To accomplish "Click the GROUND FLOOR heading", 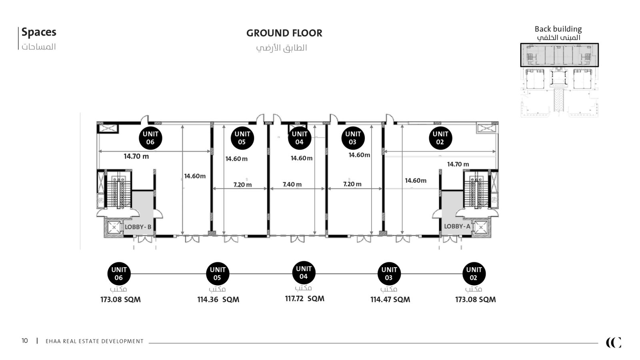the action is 284,33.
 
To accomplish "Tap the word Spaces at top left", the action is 39,32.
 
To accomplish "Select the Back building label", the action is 558,29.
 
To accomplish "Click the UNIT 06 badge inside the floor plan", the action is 150,138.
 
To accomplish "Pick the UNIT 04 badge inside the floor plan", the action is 300,138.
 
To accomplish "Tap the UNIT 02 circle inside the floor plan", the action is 440,138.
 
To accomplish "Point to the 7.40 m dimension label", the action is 292,184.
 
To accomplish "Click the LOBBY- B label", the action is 138,227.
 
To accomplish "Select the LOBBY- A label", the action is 457,226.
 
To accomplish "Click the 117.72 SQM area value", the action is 304,298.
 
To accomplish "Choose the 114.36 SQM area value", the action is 218,300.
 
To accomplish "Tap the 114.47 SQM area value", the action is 390,300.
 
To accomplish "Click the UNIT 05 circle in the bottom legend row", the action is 218,274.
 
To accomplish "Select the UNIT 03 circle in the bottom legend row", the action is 389,274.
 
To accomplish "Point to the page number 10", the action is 24,341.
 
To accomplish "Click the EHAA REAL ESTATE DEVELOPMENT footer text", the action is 94,341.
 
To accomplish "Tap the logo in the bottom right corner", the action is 614,342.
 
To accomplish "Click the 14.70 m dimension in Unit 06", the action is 136,156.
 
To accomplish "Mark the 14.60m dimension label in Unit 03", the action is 359,155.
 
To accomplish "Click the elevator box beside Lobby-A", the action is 481,228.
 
